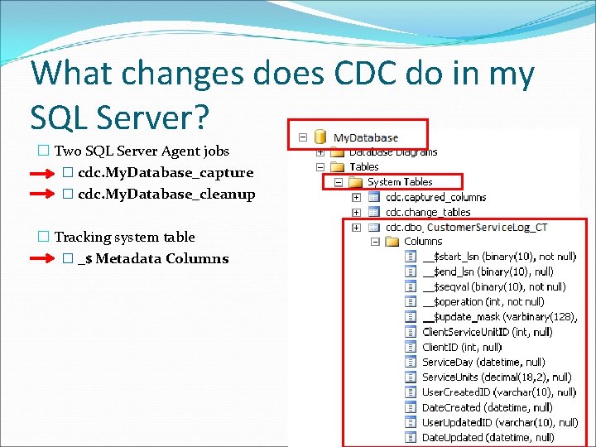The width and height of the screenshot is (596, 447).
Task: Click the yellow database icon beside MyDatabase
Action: point(320,137)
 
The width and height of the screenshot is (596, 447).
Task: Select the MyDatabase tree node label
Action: point(365,137)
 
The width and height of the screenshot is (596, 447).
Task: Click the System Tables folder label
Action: point(400,182)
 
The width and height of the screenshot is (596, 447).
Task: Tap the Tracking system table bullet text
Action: point(124,238)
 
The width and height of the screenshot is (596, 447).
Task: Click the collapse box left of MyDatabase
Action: point(303,137)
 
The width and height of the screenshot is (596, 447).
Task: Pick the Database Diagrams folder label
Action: point(393,151)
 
